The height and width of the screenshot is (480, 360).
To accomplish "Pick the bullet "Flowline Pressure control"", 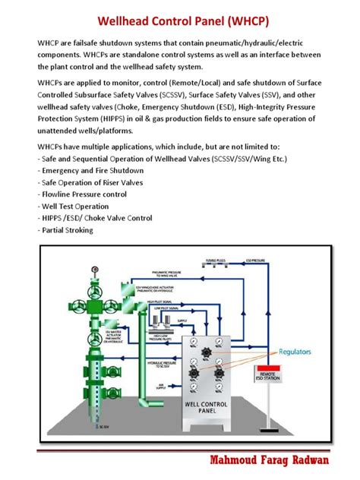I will point(83,194).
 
